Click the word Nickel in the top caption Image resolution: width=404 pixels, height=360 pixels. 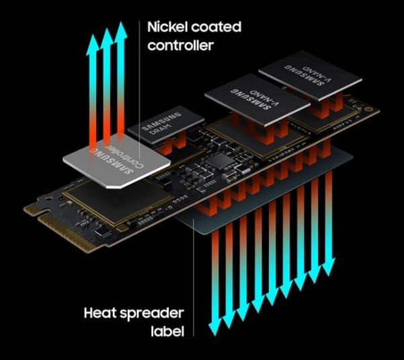point(167,27)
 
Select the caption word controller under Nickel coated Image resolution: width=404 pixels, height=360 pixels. point(181,45)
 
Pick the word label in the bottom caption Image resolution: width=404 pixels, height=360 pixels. point(167,331)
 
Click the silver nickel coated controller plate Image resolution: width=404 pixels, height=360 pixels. point(116,160)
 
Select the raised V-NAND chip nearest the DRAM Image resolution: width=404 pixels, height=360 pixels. point(257,100)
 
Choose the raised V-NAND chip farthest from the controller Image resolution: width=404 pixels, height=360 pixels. point(311,75)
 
